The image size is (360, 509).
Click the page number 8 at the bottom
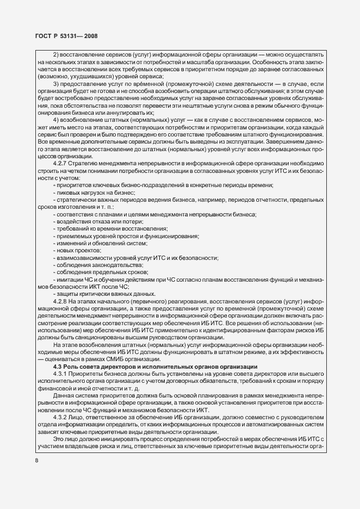[36, 461]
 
